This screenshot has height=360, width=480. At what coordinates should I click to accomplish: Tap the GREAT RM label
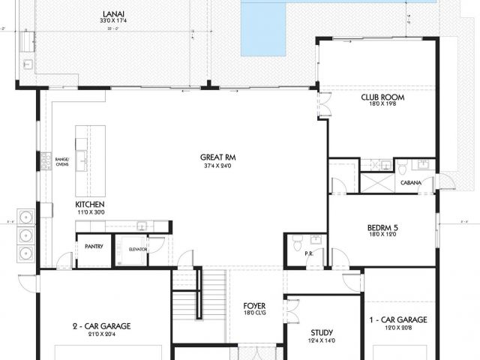(214, 157)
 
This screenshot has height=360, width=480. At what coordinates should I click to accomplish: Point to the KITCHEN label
(89, 204)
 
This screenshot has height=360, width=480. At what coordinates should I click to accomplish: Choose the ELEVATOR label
(137, 249)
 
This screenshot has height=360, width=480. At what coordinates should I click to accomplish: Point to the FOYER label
(254, 306)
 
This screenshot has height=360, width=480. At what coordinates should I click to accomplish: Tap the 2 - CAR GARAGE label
(101, 326)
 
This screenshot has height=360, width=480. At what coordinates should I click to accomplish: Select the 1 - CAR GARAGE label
(398, 319)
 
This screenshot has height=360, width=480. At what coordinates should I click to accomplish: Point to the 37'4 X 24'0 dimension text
(214, 166)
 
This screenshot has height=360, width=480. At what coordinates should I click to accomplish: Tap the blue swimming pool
(264, 30)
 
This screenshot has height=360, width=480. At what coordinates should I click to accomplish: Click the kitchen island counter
(90, 160)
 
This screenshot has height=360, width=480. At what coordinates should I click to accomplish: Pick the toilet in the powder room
(297, 244)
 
